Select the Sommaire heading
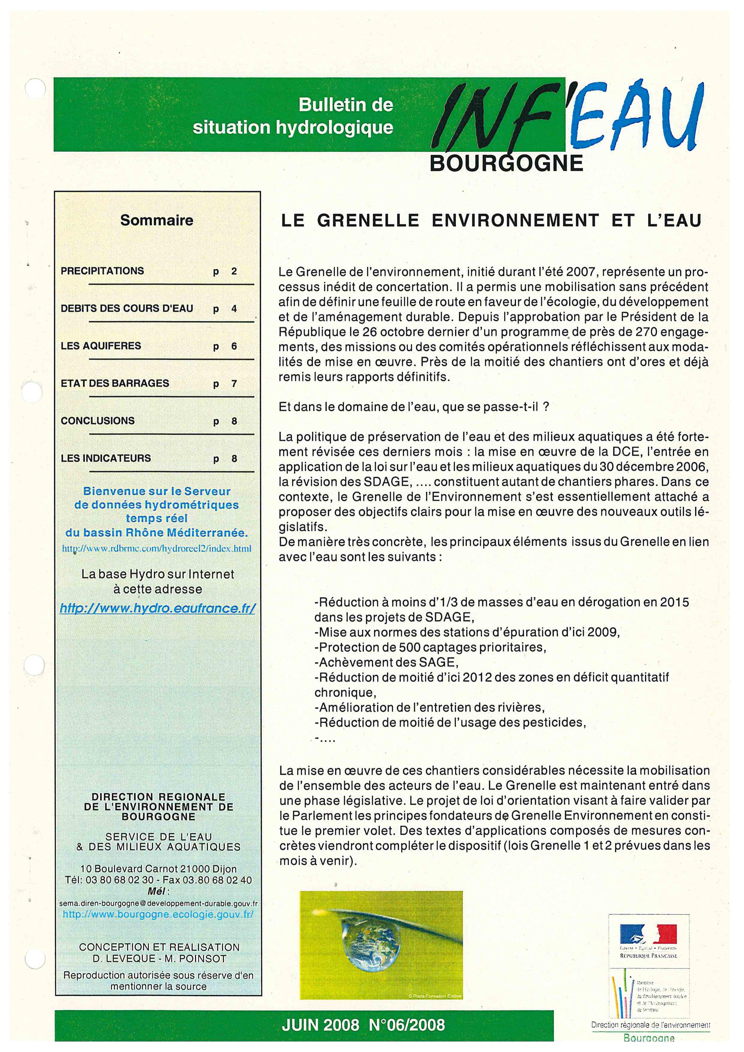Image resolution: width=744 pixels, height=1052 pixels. (x=157, y=220)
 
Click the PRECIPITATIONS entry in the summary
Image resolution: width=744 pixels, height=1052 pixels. (x=102, y=271)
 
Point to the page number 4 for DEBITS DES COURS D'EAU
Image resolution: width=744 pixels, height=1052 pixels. (x=234, y=309)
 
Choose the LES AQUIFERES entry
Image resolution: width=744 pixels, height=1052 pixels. (x=101, y=346)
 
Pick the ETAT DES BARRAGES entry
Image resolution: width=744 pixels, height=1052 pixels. (x=115, y=383)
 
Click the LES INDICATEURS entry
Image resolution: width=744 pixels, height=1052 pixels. (x=106, y=458)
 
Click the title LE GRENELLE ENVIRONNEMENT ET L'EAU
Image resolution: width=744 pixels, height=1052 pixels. (x=491, y=221)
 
